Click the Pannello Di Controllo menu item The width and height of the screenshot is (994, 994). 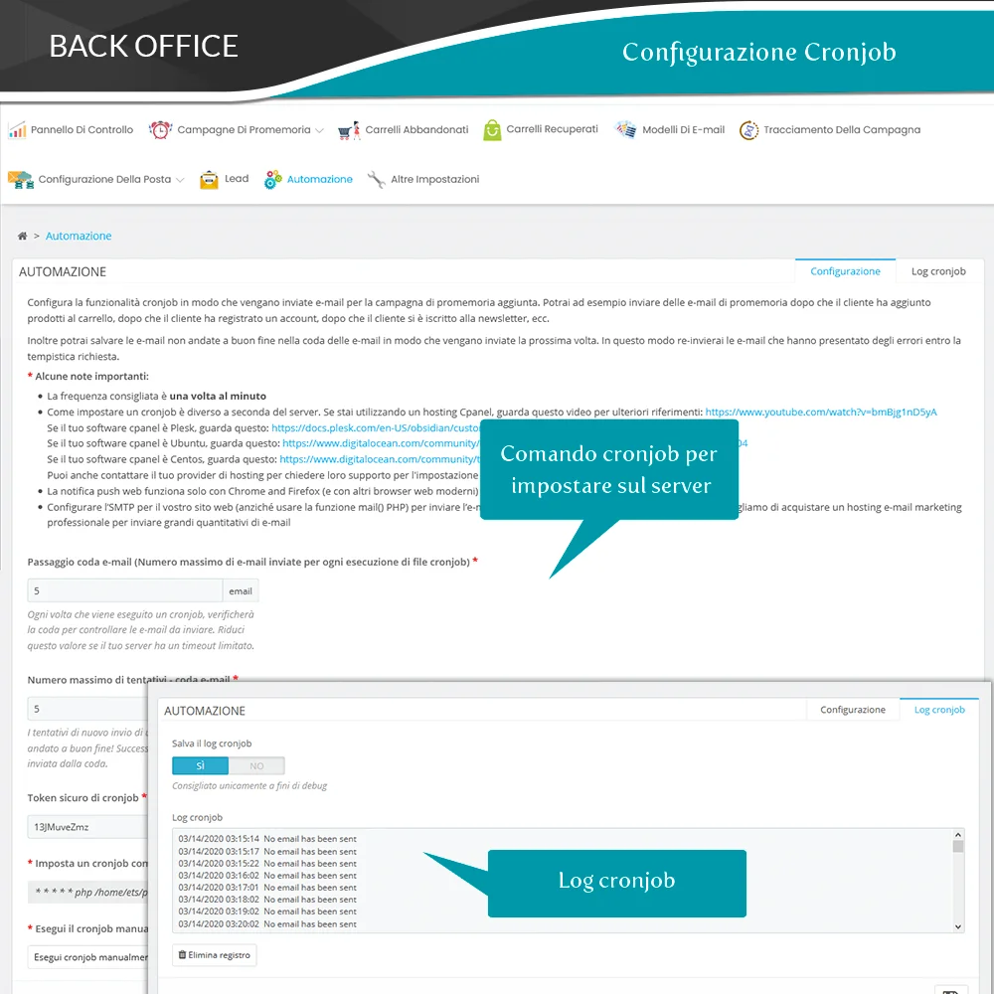click(82, 130)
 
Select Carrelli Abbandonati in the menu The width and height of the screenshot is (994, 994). click(416, 130)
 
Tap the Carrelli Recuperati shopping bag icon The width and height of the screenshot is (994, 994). click(492, 130)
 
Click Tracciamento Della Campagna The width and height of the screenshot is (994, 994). click(841, 130)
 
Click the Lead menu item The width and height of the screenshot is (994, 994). click(236, 179)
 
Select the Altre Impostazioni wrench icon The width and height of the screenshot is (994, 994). click(376, 180)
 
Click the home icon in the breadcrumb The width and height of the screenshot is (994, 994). click(22, 236)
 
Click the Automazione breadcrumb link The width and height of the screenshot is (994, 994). click(79, 236)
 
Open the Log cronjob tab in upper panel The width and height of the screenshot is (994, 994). click(938, 271)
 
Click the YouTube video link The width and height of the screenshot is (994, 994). click(820, 412)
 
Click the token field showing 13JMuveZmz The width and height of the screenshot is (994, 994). click(84, 825)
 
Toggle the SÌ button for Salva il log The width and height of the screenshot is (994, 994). click(200, 765)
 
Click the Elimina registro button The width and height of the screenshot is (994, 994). click(215, 955)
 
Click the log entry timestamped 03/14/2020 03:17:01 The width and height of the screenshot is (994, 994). click(266, 888)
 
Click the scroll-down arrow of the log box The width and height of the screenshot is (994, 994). click(958, 925)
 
